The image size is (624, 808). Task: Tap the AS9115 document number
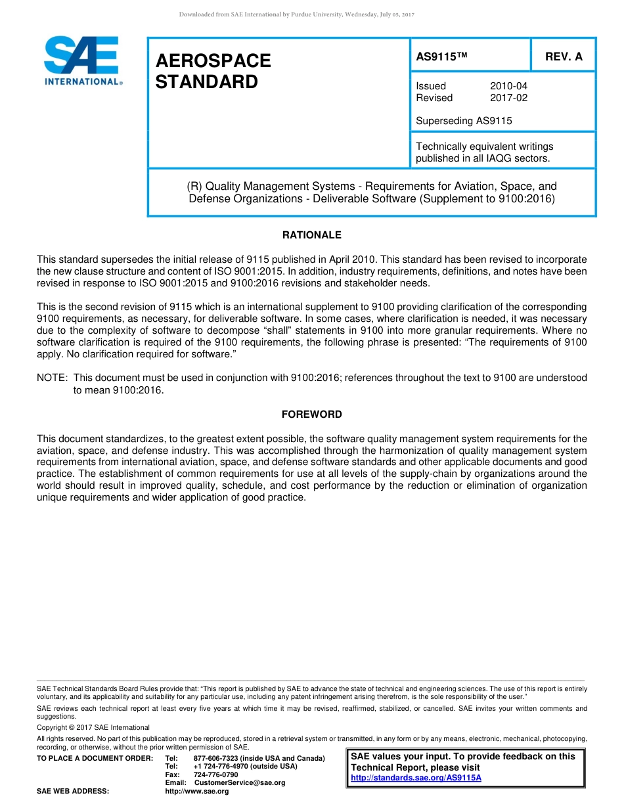441,57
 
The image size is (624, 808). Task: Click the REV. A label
564,57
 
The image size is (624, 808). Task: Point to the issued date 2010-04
508,86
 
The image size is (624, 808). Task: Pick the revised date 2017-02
508,98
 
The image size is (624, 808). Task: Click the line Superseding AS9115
464,121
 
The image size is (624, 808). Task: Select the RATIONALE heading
312,235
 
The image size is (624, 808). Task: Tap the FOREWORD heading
312,415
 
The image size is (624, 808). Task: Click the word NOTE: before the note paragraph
52,378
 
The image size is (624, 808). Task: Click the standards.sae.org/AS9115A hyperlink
416,778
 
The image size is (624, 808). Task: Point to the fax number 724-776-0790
215,774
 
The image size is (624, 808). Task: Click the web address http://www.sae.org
197,792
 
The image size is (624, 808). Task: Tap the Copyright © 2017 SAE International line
93,727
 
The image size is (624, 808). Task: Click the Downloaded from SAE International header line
296,14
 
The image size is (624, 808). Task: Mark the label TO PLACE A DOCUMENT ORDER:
95,759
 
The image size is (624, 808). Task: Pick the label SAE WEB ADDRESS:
73,792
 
